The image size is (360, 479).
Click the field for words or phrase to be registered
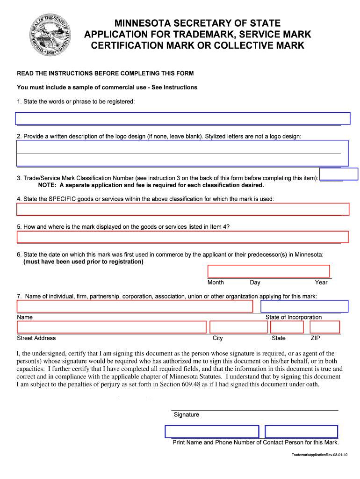tap(183, 118)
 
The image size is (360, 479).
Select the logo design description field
tap(183, 153)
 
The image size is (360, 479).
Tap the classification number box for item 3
tap(338, 174)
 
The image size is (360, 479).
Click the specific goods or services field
tap(183, 209)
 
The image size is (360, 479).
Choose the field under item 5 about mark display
tap(183, 237)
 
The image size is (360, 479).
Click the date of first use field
tap(268, 271)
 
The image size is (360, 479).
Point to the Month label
tap(216, 283)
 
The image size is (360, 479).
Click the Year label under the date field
tap(321, 283)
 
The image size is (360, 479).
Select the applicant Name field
tap(135, 306)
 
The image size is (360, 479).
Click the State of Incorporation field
tap(304, 306)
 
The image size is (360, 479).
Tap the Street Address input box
tap(111, 327)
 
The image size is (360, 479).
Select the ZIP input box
tap(325, 327)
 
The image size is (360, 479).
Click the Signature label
tap(186, 415)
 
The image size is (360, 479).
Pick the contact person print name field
tap(211, 432)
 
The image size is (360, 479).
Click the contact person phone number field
tap(301, 432)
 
